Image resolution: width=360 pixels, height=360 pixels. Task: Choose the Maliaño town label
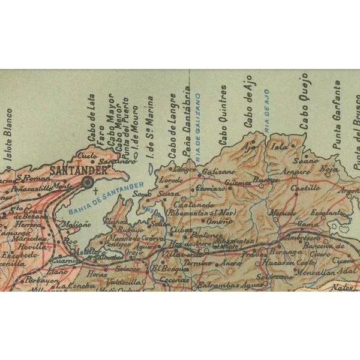coord(74,223)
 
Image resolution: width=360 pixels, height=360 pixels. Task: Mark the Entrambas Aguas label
coord(223,285)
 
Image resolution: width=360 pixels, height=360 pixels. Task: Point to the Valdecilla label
coord(125,281)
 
